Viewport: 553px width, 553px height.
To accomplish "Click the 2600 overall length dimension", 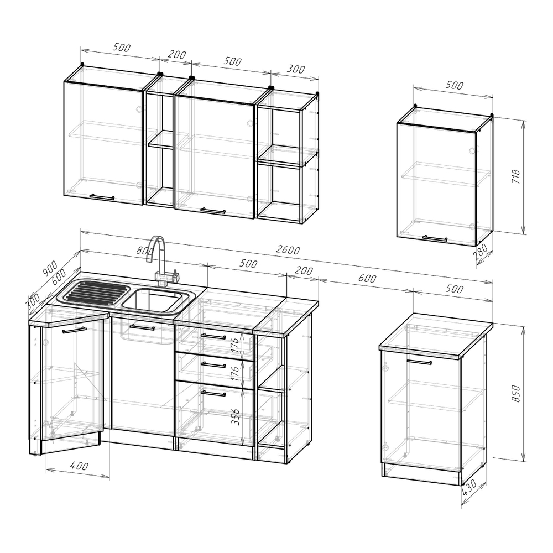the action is [x=288, y=250].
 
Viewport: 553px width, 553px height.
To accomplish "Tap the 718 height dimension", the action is [x=515, y=177].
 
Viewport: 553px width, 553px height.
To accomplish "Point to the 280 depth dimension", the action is [x=481, y=252].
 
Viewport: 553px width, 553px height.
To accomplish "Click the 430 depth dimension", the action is [x=469, y=487].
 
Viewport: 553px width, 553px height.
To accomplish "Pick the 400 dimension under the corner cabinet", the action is [x=79, y=466].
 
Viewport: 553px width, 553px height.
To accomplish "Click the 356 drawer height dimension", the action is [x=236, y=416].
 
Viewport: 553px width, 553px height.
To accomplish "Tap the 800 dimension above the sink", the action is [x=145, y=251].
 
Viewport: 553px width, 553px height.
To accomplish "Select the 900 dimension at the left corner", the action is [x=50, y=268].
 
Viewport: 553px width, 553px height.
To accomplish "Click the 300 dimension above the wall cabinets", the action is [x=295, y=69].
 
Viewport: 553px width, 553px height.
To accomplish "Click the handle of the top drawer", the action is [x=213, y=336].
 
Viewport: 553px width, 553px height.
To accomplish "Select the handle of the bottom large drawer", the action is [x=213, y=393].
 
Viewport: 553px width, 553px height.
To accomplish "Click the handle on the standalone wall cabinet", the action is [x=435, y=238].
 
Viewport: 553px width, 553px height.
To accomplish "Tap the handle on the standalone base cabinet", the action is [x=419, y=362].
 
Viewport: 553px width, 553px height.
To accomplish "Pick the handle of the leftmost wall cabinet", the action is [x=102, y=197].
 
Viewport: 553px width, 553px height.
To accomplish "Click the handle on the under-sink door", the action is [x=142, y=327].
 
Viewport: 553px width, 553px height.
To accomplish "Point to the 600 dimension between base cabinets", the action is [x=367, y=278].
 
